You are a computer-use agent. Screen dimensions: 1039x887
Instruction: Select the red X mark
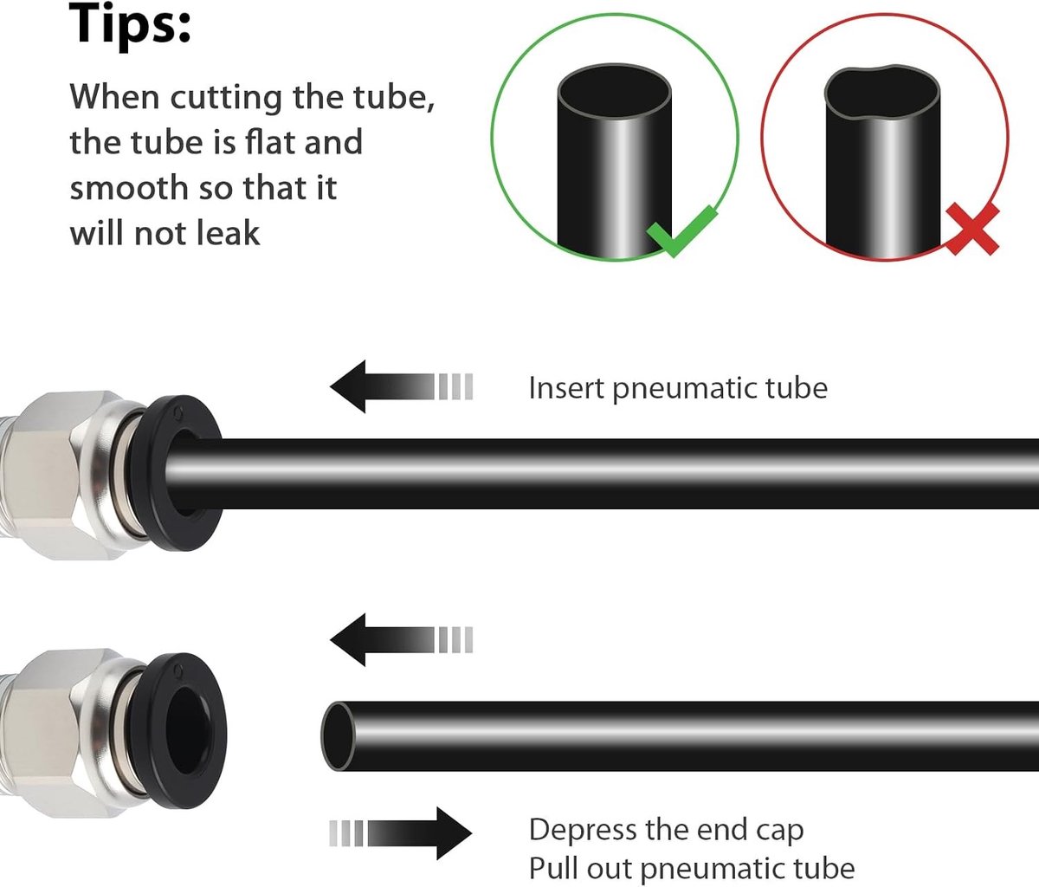point(972,230)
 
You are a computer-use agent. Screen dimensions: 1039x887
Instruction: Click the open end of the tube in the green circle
point(614,92)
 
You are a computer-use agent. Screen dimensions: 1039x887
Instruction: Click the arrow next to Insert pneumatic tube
point(401,386)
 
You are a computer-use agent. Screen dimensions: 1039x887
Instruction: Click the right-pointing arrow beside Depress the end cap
point(400,832)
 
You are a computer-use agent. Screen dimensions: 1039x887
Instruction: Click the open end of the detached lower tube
point(338,735)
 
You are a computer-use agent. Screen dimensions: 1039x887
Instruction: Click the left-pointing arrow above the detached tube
point(401,639)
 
